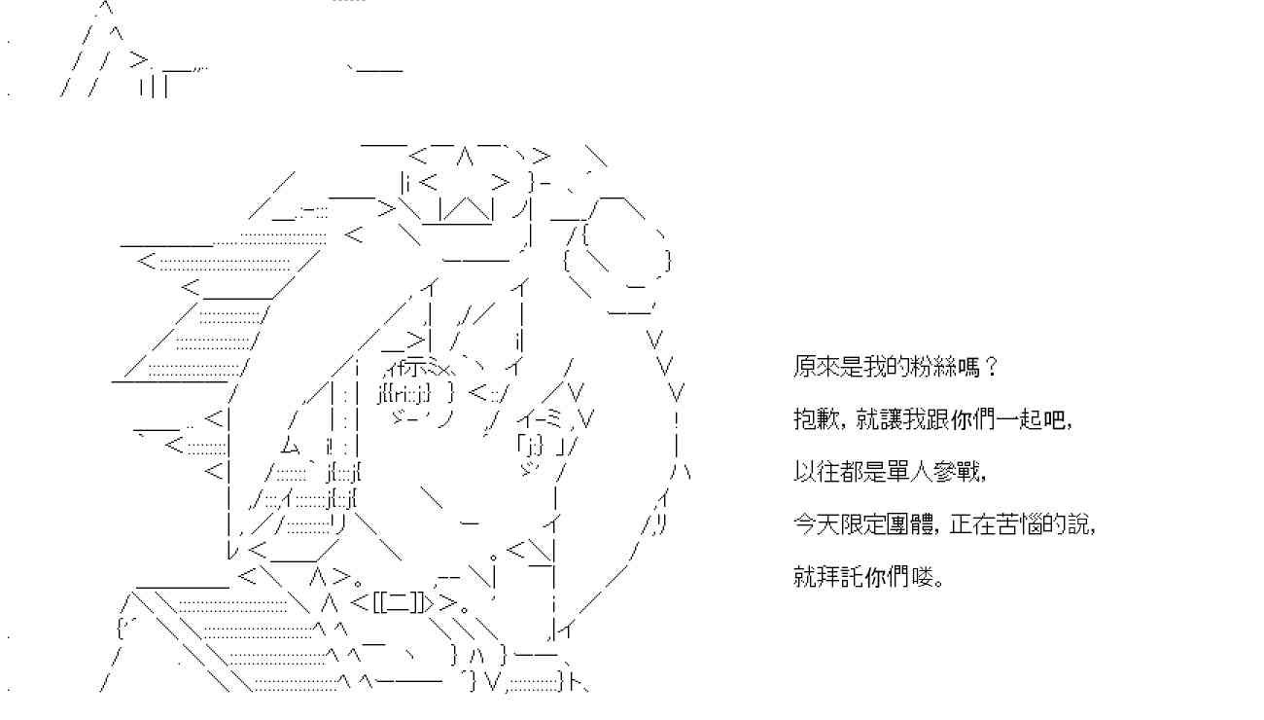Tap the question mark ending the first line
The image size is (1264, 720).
[x=991, y=367]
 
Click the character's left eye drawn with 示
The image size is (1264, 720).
[x=416, y=367]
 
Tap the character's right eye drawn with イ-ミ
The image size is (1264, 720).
[x=539, y=419]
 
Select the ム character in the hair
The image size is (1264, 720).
[x=290, y=447]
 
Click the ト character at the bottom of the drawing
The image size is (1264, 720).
[x=576, y=682]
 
